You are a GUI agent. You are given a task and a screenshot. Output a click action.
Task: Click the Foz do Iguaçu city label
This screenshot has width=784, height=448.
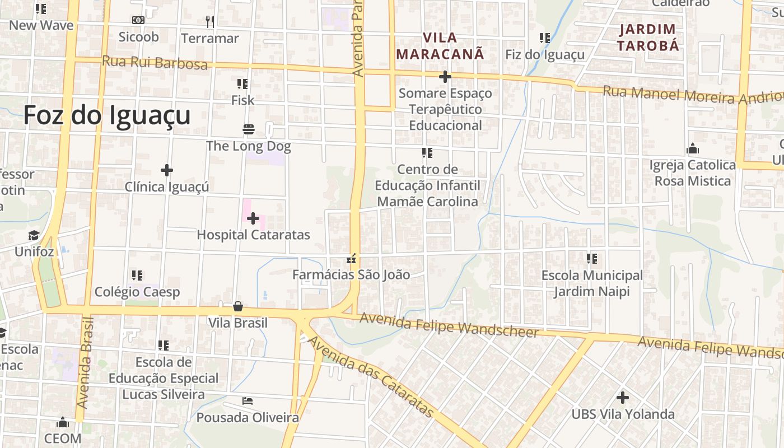tap(107, 116)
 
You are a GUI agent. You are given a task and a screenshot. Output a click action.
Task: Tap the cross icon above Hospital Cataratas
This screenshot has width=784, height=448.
tap(253, 218)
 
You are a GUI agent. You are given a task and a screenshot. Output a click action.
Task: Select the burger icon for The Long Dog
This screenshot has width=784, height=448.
tap(249, 130)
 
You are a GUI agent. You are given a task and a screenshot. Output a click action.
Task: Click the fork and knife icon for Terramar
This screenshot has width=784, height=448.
tap(210, 22)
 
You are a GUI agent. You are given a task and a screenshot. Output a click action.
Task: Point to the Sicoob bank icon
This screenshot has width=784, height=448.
tap(138, 20)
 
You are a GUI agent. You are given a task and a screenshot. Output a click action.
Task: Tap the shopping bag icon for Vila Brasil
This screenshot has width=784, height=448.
tap(238, 306)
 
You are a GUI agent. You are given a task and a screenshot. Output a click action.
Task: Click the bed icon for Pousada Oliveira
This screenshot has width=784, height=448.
tap(248, 401)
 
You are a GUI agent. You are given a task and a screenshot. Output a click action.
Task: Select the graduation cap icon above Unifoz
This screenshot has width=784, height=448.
tap(34, 235)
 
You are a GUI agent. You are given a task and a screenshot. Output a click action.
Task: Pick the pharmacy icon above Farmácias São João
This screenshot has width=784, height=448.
tap(352, 258)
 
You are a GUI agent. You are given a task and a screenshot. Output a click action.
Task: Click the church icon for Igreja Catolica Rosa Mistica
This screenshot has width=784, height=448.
tap(693, 148)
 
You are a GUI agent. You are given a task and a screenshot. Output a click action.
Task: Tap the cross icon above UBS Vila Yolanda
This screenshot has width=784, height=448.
tap(622, 398)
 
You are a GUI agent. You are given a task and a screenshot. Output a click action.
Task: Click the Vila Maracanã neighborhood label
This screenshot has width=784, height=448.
tap(440, 46)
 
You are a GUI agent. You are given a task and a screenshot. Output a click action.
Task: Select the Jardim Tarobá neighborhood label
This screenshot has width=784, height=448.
tap(648, 38)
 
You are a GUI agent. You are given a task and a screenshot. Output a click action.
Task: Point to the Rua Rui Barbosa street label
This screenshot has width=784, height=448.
tap(155, 62)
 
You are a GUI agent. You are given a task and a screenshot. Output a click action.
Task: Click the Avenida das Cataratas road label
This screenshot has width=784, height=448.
tap(371, 376)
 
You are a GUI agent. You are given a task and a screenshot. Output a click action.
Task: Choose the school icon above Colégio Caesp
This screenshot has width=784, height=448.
tap(137, 276)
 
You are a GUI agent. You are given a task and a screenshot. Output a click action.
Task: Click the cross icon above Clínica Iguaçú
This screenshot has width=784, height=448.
tap(166, 170)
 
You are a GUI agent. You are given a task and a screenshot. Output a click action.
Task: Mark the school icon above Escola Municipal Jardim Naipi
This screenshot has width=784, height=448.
tap(592, 259)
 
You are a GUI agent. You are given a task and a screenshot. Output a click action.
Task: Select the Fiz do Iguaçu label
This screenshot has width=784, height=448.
tap(545, 54)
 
